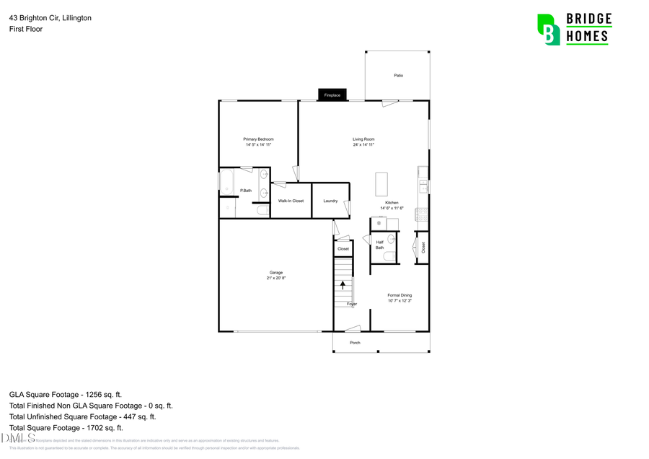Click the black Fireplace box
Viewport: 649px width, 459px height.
[x=332, y=95]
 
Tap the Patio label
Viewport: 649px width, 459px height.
[x=398, y=75]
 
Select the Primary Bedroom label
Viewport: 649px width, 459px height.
[x=258, y=139]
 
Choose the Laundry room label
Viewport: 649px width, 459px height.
[x=330, y=201]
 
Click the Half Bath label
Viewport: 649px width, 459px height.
[x=379, y=245]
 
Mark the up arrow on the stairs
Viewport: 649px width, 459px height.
[x=343, y=284]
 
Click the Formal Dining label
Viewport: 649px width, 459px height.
[x=399, y=294]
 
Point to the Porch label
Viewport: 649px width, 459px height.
[x=355, y=343]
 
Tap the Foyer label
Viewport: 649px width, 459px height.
[x=352, y=304]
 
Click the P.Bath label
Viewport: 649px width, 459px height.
[x=246, y=191]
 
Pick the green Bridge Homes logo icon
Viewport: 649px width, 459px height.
[x=549, y=29]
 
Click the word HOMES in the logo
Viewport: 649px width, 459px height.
[x=588, y=35]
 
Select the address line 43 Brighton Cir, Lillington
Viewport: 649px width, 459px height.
[x=50, y=17]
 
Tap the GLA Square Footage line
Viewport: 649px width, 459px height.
[x=66, y=395]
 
